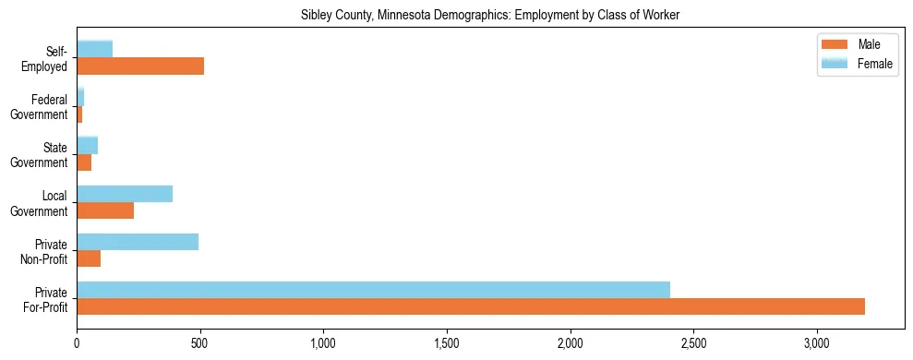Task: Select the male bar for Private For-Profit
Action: (471, 306)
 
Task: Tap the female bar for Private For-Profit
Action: (373, 290)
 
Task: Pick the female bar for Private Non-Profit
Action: (138, 242)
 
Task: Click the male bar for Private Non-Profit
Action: (89, 258)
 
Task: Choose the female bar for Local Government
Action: (125, 194)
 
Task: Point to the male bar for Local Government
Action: (105, 210)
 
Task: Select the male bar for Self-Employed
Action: (140, 66)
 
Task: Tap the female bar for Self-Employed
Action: (95, 49)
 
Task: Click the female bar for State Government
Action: (88, 145)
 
